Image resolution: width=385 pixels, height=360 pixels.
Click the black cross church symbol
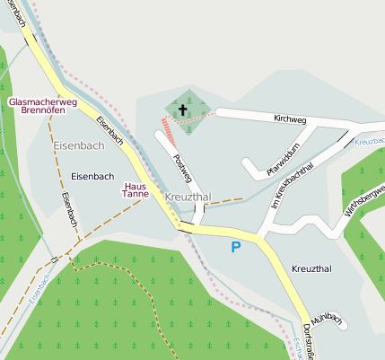[x=183, y=110]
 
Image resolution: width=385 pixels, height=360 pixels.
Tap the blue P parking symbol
[x=236, y=247]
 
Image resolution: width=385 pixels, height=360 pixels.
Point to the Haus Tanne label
[x=136, y=189]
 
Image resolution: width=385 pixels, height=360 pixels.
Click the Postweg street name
[x=181, y=168]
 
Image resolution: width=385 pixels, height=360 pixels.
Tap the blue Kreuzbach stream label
[x=370, y=142]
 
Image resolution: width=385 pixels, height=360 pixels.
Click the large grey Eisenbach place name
[x=78, y=145]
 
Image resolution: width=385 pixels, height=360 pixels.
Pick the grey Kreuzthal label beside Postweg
[x=187, y=197]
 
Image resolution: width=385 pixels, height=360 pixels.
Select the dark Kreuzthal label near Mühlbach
[x=311, y=268]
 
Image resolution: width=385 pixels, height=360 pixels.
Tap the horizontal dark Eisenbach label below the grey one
[x=92, y=176]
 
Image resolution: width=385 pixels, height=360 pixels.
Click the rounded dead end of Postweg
[x=161, y=136]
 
